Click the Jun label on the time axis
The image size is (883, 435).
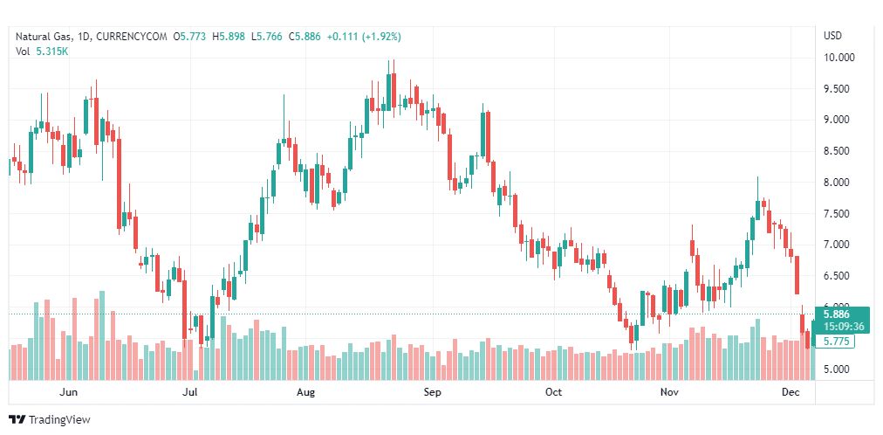[x=66, y=392]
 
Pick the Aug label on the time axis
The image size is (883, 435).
[x=305, y=392]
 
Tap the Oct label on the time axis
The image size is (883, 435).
[x=553, y=392]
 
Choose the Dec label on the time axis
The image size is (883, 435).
[x=791, y=392]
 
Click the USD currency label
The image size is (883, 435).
[x=832, y=36]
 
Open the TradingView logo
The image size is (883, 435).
[x=49, y=419]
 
